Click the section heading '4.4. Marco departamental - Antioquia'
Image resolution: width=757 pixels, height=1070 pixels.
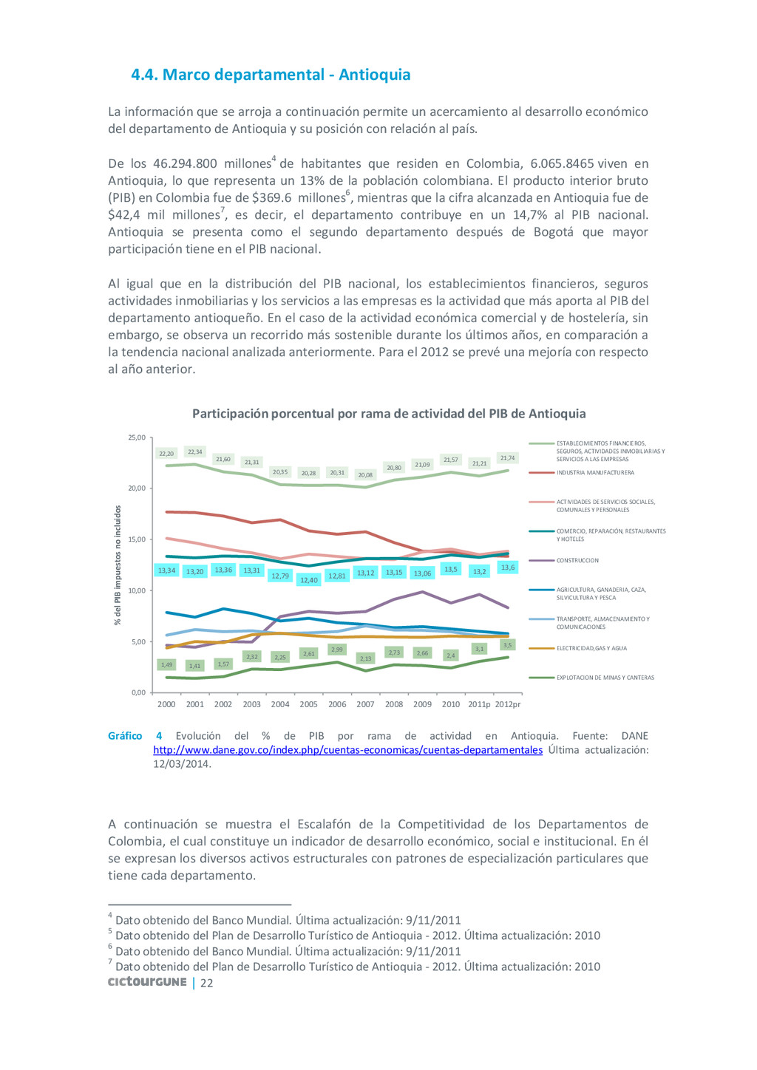pos(271,75)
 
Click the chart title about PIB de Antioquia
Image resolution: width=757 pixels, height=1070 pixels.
pos(389,414)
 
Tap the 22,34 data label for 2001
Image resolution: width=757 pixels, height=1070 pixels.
pos(194,452)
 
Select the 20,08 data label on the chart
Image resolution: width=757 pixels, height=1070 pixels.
pos(365,475)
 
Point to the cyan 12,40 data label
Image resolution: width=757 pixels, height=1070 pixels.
pos(309,580)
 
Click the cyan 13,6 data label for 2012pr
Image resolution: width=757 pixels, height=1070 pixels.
pos(508,568)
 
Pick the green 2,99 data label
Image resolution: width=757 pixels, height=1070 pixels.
pos(337,650)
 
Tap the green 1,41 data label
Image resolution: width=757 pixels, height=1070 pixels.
pos(194,666)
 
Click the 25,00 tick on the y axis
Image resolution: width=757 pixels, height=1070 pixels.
pos(137,437)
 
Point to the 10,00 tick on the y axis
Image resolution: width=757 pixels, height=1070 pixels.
pos(137,590)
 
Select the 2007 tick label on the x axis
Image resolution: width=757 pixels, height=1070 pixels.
pos(365,704)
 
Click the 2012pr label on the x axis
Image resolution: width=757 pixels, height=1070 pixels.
pos(508,704)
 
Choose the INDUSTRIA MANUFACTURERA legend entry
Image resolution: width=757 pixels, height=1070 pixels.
pos(595,473)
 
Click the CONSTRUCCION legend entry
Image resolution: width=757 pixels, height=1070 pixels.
pos(577,561)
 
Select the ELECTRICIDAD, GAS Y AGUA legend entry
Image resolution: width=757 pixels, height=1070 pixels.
pos(591,649)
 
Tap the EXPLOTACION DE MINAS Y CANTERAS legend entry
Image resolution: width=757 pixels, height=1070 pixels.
pos(605,678)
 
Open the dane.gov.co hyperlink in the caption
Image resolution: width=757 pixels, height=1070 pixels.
pos(347,750)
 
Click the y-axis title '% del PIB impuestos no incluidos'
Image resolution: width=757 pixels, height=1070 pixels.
pos(118,565)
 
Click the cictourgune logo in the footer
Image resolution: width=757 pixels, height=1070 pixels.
pos(147,982)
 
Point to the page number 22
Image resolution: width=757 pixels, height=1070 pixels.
pos(207,984)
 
